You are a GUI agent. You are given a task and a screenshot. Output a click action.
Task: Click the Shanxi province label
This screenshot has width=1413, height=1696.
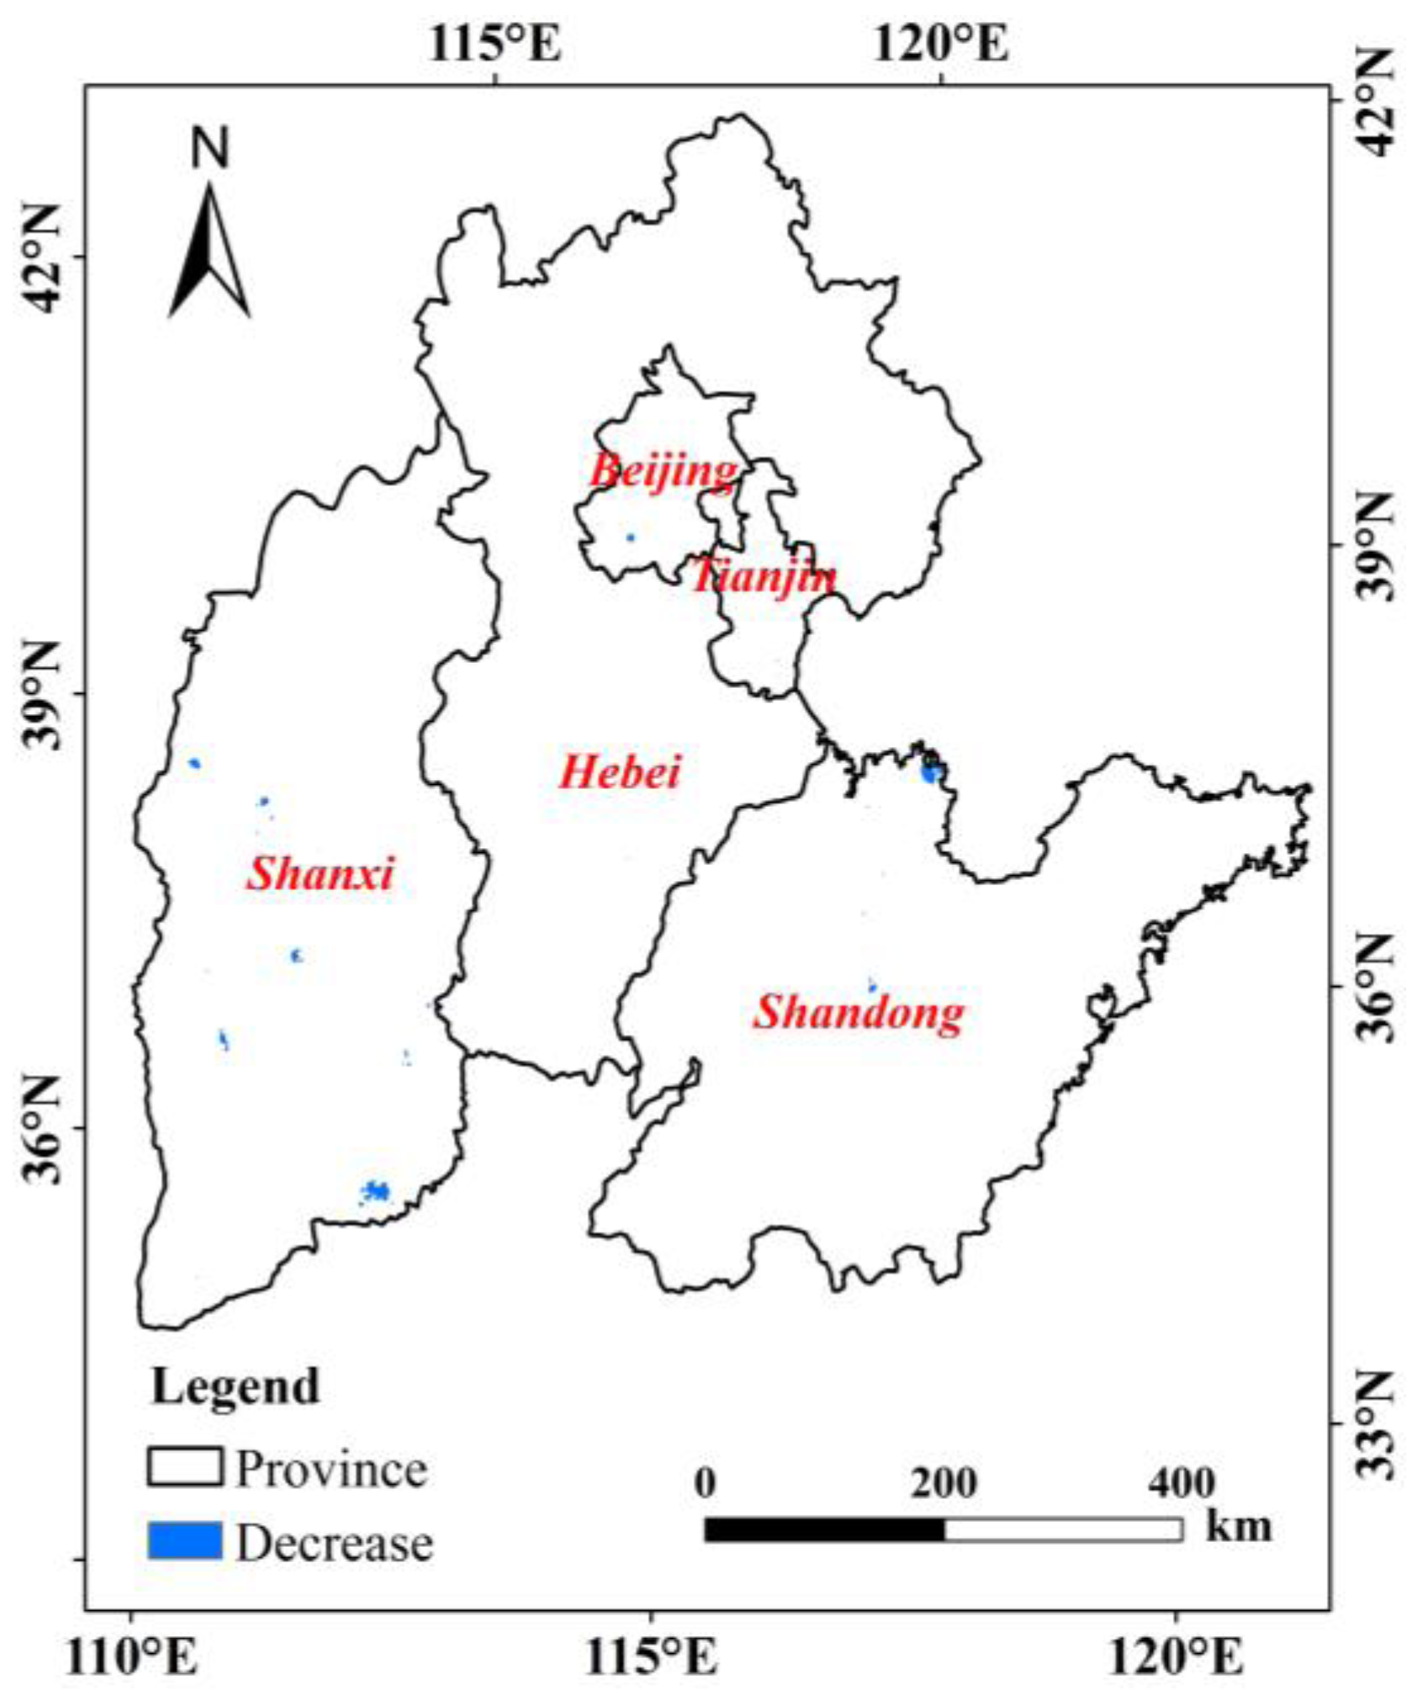point(320,874)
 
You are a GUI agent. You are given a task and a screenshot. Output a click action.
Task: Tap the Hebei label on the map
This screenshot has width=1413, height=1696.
point(620,771)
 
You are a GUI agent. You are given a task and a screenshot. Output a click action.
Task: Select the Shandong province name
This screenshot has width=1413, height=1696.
point(858,1012)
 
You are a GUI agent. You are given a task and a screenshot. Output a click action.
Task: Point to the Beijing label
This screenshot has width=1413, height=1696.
point(664,470)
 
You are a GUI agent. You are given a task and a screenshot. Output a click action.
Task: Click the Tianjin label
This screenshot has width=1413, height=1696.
point(764,577)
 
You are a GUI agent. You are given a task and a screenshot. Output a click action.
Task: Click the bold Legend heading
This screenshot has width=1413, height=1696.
point(235,1386)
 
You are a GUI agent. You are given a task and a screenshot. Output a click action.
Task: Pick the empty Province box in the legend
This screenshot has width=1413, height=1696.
point(185,1467)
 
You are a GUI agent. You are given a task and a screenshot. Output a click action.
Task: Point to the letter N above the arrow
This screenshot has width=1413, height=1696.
point(210,149)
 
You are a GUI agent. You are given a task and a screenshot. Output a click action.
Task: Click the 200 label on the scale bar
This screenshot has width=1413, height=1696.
point(944,1482)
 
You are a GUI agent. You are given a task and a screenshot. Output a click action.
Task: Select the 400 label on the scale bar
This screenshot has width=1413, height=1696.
point(1181,1482)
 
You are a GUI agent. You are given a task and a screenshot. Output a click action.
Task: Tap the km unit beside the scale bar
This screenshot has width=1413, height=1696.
point(1238,1525)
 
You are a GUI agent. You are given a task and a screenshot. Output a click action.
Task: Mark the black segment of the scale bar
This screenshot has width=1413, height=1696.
point(824,1529)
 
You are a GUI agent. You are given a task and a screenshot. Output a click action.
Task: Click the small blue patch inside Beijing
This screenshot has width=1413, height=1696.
point(631,538)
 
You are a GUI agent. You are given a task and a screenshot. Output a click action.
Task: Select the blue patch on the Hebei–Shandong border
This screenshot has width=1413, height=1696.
point(930,772)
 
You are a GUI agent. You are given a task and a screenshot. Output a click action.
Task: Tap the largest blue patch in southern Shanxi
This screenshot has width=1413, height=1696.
point(375,1191)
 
